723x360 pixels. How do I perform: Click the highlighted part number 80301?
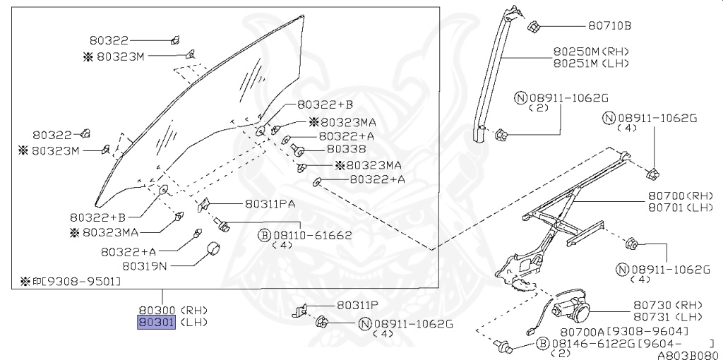[x=156, y=323]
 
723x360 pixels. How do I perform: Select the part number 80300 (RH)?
[x=156, y=310]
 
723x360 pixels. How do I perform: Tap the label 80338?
[x=346, y=150]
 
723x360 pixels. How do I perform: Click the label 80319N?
[x=145, y=266]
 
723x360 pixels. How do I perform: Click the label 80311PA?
[x=270, y=204]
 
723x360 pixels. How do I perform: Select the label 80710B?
[x=609, y=26]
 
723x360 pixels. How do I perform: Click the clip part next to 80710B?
[x=534, y=28]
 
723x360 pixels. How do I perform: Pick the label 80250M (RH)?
[x=590, y=52]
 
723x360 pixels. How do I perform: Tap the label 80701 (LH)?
[x=675, y=208]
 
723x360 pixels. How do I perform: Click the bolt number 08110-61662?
[x=312, y=235]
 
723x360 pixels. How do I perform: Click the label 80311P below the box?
[x=357, y=305]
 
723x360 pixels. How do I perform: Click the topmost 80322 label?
[x=109, y=41]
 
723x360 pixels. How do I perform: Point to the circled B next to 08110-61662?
[x=264, y=235]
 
